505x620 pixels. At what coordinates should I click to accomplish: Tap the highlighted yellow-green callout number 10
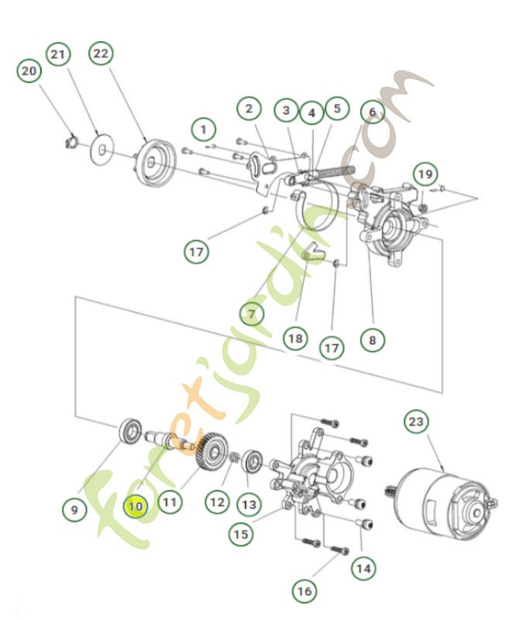[136, 506]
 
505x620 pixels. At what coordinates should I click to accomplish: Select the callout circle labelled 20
[29, 71]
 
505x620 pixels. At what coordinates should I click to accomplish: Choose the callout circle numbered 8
[372, 339]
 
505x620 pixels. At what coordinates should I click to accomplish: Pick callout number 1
[204, 127]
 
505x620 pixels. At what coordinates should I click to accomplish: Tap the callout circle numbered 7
[252, 313]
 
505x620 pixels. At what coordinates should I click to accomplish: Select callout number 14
[362, 567]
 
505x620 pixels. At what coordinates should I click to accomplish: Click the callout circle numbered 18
[294, 339]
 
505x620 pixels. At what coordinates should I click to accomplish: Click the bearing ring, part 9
[129, 430]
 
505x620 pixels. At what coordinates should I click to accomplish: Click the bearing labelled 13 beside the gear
[252, 460]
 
